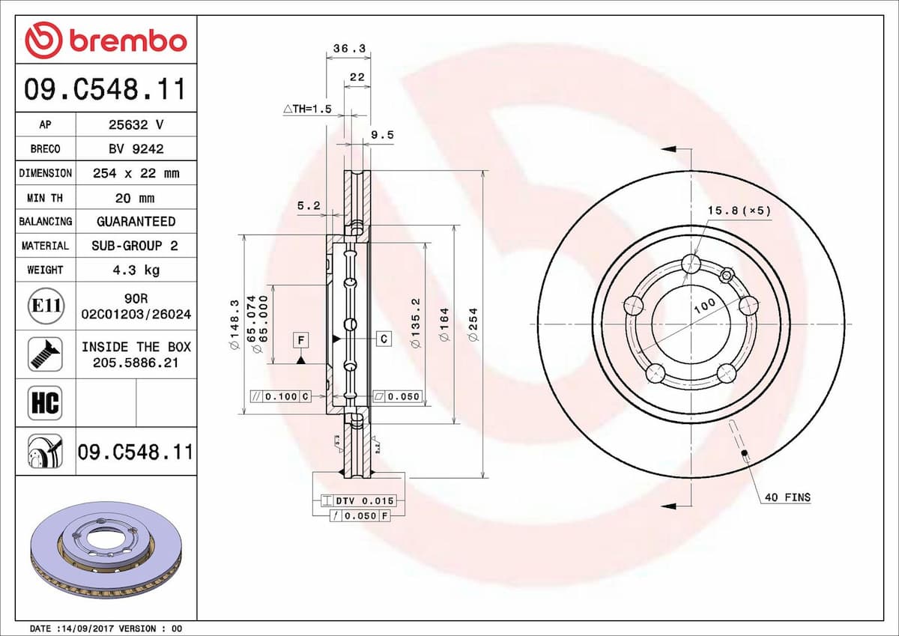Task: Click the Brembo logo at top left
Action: (105, 40)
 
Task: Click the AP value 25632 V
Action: (136, 124)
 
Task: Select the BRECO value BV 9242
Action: (136, 148)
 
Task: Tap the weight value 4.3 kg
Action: (136, 270)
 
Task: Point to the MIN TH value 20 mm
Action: (136, 198)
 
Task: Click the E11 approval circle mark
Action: (46, 306)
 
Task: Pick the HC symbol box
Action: (44, 403)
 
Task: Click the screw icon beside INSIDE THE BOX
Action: (45, 354)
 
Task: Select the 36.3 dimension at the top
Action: (348, 49)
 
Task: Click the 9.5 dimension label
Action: (382, 135)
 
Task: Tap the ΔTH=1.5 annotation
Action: (307, 109)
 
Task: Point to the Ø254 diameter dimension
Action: (473, 324)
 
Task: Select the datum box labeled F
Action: (300, 340)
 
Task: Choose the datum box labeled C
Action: (384, 339)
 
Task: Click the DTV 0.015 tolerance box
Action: (363, 500)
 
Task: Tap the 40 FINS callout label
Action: (787, 497)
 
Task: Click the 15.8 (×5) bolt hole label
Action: (738, 211)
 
